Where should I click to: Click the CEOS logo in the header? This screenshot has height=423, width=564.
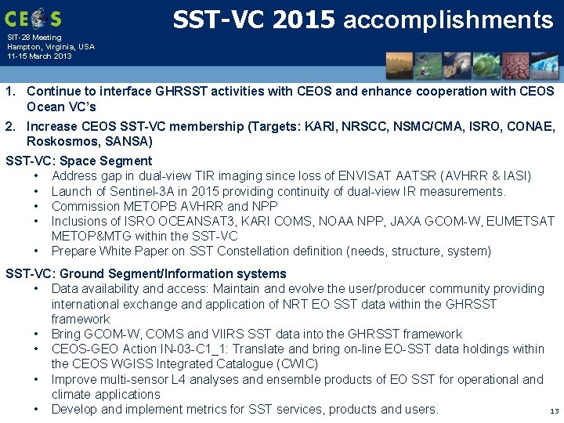32,17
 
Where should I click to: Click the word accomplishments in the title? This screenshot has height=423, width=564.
448,20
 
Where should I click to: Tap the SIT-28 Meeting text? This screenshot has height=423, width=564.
34,38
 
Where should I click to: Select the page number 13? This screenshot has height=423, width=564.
555,411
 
